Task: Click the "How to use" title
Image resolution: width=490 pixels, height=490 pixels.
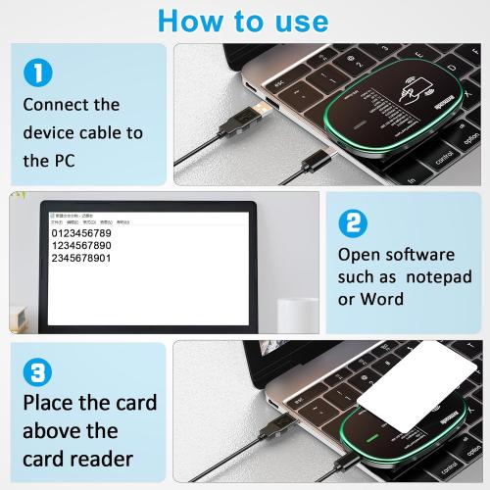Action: point(244,20)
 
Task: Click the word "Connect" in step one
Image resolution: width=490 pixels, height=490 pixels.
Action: point(57,104)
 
